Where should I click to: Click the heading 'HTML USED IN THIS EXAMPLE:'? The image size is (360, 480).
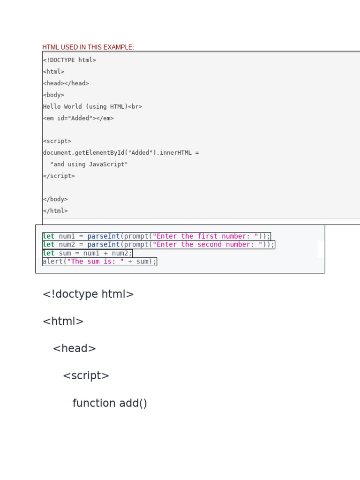click(88, 47)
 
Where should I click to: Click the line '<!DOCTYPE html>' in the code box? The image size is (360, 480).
click(69, 60)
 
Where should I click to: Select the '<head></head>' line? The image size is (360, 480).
click(66, 83)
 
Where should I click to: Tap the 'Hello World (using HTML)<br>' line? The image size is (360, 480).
click(92, 106)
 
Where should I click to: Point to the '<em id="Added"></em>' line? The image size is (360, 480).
click(78, 118)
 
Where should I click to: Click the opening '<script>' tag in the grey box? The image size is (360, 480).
click(57, 141)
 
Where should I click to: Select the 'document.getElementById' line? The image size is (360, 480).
click(121, 153)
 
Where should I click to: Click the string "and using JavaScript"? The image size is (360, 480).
click(89, 165)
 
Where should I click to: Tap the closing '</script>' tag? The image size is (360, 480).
click(59, 176)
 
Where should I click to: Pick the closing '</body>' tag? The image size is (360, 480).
click(55, 199)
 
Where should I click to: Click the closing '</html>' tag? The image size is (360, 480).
click(55, 211)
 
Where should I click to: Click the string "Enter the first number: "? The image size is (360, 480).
click(205, 236)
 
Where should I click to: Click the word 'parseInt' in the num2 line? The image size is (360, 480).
click(104, 245)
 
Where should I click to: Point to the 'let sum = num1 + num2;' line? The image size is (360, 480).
click(88, 253)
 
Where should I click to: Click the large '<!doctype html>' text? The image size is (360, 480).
click(88, 294)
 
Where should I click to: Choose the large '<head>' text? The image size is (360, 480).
click(75, 349)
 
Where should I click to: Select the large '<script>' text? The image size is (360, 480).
click(86, 376)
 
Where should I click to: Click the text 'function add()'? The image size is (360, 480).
click(110, 403)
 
